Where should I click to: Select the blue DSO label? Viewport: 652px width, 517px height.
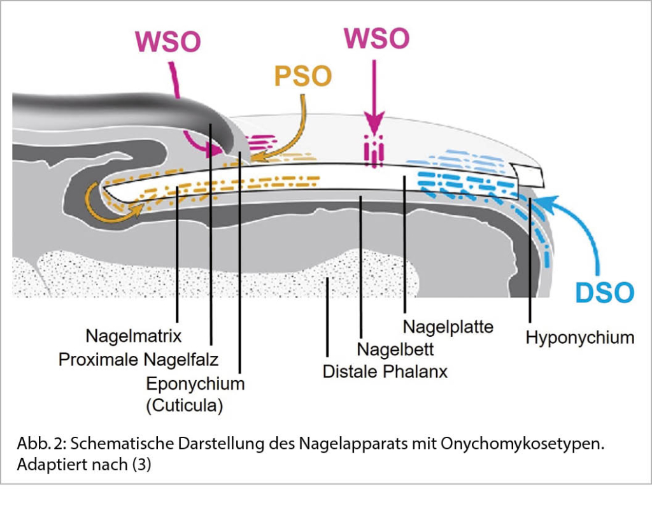click(604, 292)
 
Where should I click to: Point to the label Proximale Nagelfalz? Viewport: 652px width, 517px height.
click(138, 360)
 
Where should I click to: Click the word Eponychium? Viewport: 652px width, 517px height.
click(195, 384)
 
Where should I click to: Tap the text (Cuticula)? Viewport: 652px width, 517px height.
click(184, 406)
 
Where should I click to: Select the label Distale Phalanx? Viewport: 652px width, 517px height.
click(385, 371)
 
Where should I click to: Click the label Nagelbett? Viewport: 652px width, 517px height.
click(395, 350)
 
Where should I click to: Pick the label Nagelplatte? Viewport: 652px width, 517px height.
click(448, 327)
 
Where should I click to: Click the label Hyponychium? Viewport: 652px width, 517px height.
click(579, 337)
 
